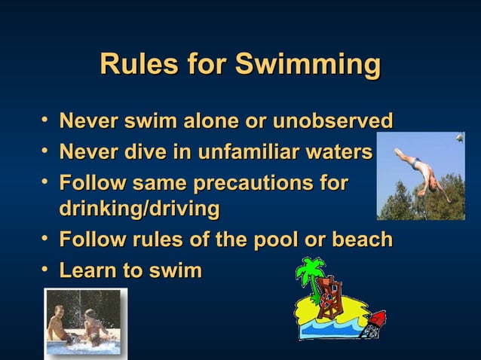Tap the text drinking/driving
click(139, 209)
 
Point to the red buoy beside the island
click(375, 322)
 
